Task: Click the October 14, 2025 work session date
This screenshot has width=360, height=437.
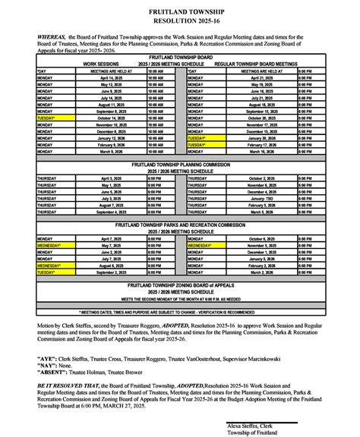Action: coord(111,118)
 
